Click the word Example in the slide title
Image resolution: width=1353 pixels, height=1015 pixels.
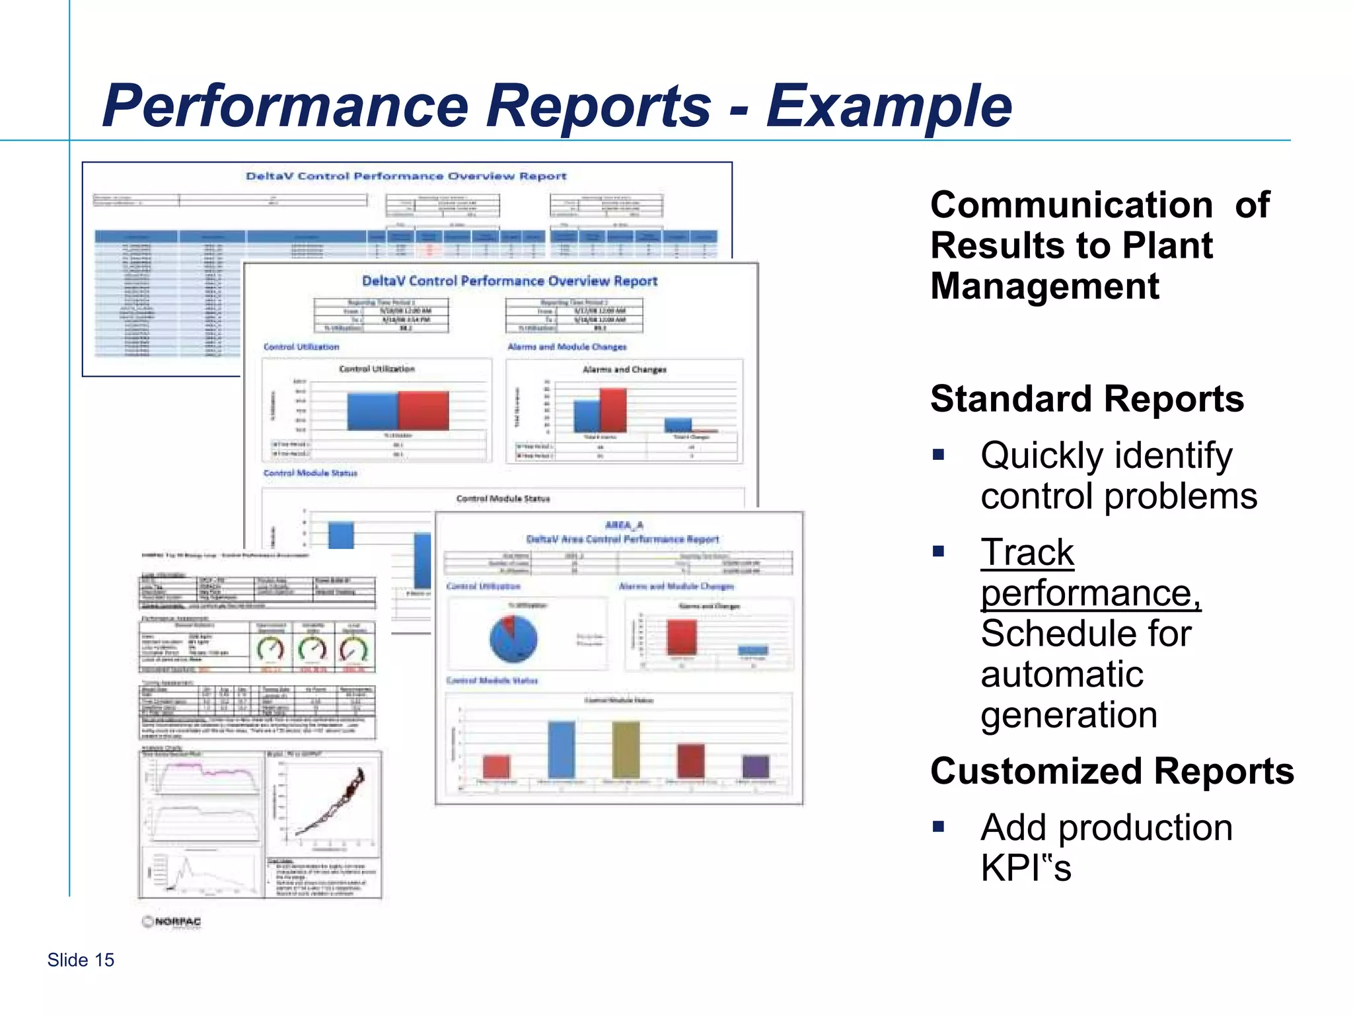tap(889, 107)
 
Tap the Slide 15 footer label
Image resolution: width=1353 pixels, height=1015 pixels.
tap(81, 960)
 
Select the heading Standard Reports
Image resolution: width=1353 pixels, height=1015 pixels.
tap(1087, 399)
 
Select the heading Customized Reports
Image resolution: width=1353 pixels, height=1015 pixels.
tap(1112, 771)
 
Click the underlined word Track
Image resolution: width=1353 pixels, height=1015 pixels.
tap(1027, 552)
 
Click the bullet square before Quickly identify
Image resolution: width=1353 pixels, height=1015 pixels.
tap(938, 455)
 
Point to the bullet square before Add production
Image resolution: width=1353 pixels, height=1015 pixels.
tap(938, 826)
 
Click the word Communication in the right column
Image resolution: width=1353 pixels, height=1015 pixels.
tap(1071, 205)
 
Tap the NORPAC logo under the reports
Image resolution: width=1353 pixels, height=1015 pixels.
tap(172, 922)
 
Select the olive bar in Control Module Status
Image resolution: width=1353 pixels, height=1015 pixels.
tap(626, 749)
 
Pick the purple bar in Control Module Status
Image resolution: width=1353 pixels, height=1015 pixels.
tap(756, 767)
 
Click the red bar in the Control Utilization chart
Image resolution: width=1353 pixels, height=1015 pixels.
tap(423, 410)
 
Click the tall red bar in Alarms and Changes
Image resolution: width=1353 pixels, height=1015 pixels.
tap(613, 410)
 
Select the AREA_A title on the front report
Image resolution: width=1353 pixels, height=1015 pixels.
tap(624, 525)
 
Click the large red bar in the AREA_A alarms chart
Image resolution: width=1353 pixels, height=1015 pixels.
tap(682, 637)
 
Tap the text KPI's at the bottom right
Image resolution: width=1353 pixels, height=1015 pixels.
tap(1025, 868)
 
